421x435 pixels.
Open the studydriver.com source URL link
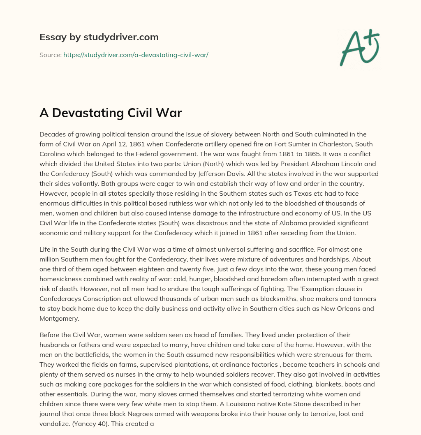coord(136,55)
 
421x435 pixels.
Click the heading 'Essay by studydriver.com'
coord(99,37)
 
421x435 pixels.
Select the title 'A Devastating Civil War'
coord(111,113)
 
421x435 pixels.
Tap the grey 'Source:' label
coord(50,55)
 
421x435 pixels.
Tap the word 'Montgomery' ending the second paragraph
coord(59,318)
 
